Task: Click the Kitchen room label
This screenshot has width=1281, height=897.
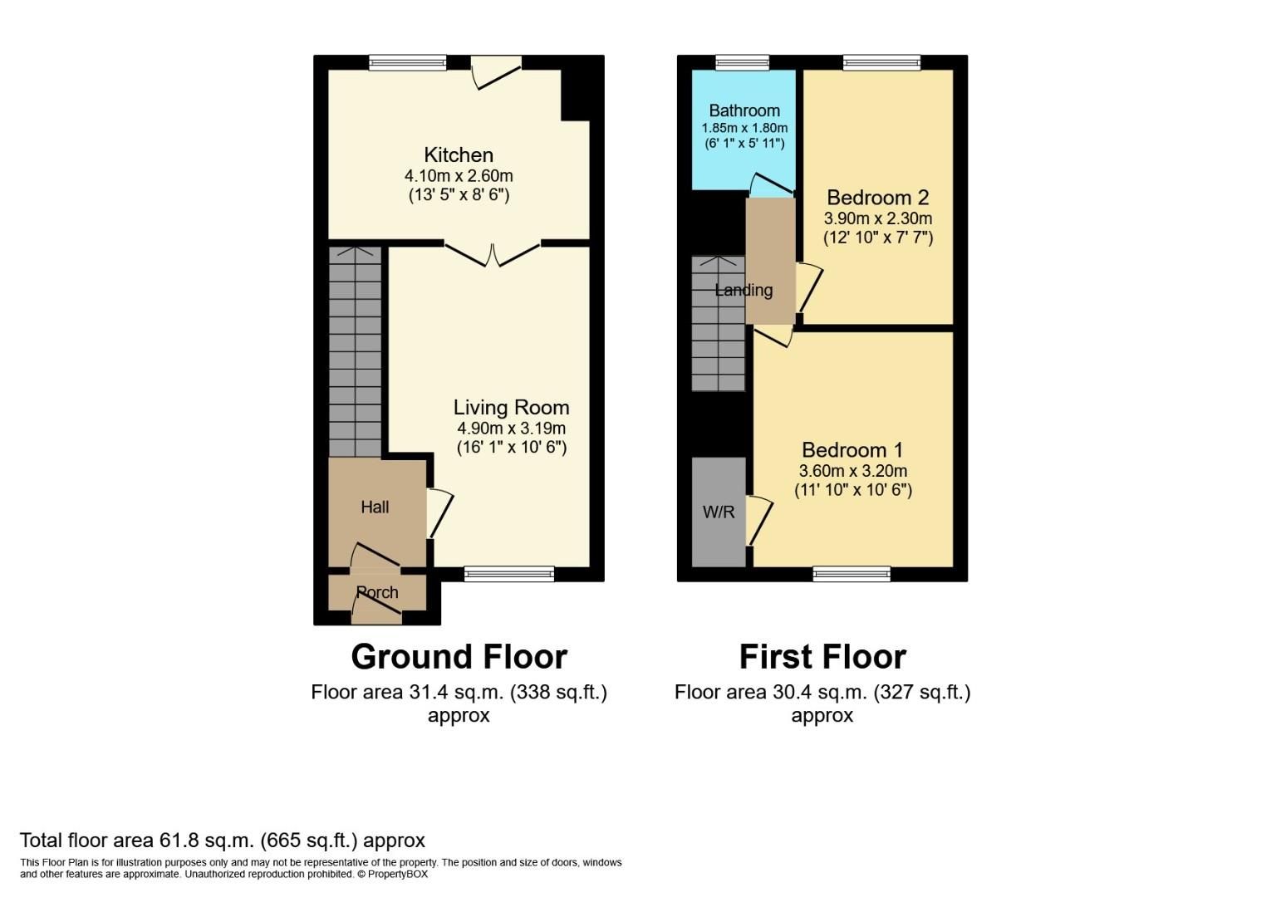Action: tap(459, 155)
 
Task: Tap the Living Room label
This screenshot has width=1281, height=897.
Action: tap(511, 407)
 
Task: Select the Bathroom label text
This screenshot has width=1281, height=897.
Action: tap(744, 110)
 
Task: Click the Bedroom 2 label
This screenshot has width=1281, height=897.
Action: tap(877, 198)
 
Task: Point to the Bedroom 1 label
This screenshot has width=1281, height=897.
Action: tap(852, 450)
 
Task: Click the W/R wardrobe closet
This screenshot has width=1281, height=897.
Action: tap(719, 512)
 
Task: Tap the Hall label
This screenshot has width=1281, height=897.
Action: tap(375, 507)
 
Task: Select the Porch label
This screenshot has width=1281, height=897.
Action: tap(377, 592)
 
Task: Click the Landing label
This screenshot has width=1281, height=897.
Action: tap(744, 290)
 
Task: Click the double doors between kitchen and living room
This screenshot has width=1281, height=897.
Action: tap(493, 253)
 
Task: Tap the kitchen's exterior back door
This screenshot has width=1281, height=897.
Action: tap(496, 72)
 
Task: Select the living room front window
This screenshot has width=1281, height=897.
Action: tap(508, 572)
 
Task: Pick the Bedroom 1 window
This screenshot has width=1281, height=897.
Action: tap(852, 572)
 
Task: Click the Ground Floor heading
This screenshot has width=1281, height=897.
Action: tap(459, 657)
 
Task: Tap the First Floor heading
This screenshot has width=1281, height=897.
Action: tap(822, 657)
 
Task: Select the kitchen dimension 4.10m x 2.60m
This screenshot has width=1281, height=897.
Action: tap(459, 176)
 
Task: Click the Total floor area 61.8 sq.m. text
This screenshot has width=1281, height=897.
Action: tap(223, 841)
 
